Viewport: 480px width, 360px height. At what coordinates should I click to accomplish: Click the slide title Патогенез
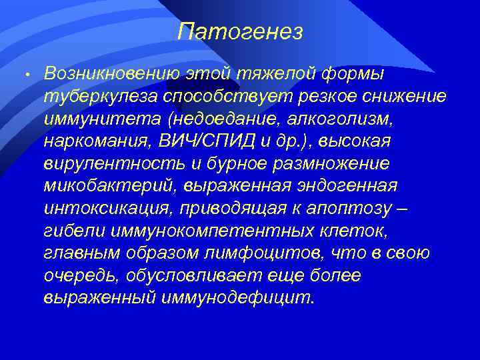[x=241, y=31]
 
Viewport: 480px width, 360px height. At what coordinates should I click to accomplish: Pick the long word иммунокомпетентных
[x=197, y=231]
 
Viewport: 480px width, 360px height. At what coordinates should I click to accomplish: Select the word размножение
[x=331, y=163]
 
